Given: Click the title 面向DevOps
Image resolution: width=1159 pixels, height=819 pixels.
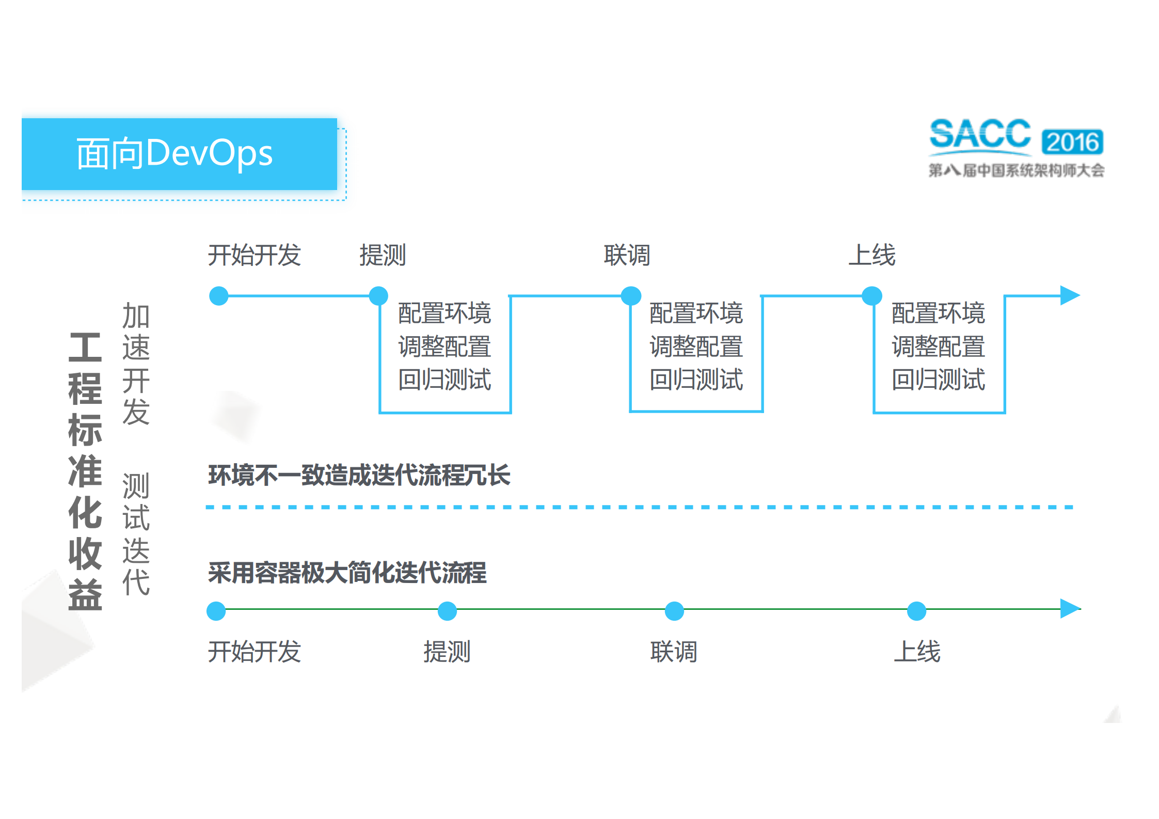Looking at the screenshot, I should (174, 153).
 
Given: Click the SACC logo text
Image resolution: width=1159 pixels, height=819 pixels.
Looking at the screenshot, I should (979, 135).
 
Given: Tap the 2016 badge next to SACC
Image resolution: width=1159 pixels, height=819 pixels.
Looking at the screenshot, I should (1072, 142).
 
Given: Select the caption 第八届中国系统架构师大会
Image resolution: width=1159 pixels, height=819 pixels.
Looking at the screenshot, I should (1016, 170).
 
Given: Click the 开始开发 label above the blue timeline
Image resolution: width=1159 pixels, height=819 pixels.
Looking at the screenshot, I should (254, 255).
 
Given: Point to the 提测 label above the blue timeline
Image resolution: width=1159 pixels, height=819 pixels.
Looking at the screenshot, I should (383, 255).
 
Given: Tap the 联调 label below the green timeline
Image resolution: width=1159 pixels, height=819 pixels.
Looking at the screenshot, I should (674, 651).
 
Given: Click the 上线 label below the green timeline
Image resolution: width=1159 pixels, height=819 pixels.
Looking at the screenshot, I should (917, 651).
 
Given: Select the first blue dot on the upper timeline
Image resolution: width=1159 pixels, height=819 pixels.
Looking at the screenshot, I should (219, 296).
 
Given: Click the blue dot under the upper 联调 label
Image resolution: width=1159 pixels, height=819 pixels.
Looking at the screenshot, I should (631, 296).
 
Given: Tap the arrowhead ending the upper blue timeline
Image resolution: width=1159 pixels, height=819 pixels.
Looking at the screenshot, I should (1070, 295).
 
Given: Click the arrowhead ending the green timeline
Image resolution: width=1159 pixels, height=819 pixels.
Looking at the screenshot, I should (1070, 608).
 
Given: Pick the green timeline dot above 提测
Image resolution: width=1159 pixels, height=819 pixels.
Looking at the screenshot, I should (447, 611).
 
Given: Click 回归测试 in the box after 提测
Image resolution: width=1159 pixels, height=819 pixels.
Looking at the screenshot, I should (444, 380).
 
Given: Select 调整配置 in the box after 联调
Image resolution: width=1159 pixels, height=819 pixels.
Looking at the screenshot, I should (696, 346).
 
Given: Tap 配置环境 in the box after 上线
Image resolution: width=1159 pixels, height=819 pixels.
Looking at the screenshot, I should (938, 313).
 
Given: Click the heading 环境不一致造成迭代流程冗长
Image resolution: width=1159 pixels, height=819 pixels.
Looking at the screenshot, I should (359, 475).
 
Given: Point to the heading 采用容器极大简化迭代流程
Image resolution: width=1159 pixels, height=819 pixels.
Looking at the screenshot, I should (347, 573).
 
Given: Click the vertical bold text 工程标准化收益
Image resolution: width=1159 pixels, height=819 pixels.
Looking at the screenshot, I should (85, 470).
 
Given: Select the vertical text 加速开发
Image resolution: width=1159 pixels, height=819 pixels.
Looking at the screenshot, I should (136, 364).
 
